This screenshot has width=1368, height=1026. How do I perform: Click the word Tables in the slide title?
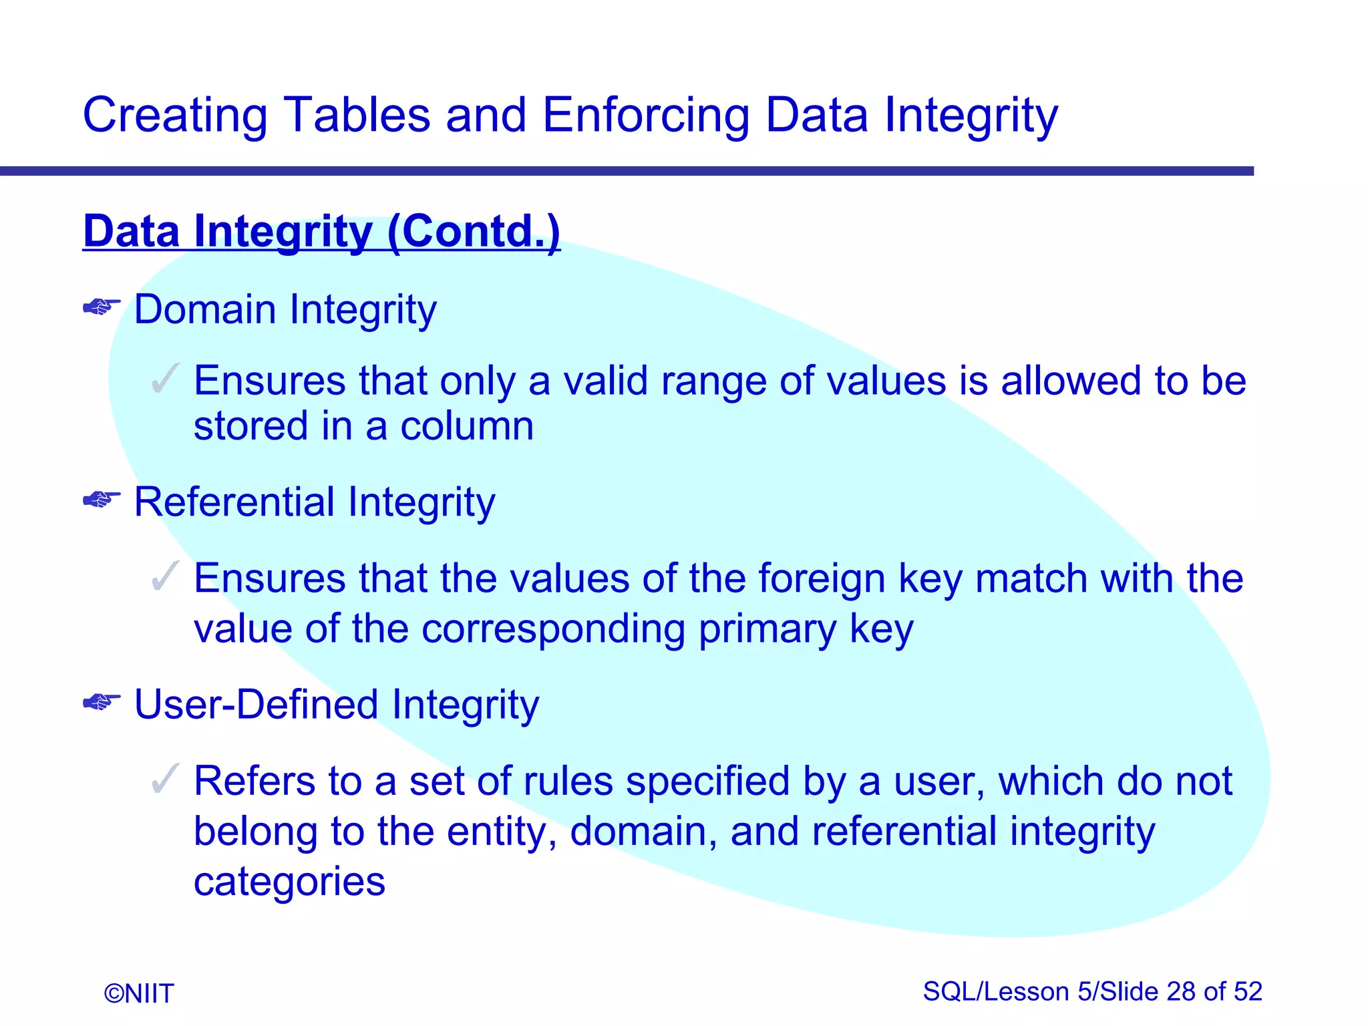[x=357, y=115]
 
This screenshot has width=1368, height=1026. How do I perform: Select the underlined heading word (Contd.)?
[x=473, y=232]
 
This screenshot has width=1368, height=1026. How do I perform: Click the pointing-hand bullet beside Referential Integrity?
[x=102, y=499]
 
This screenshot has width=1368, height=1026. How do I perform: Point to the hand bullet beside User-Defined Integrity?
[x=102, y=702]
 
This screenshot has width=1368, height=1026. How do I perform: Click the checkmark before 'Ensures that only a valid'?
[x=165, y=378]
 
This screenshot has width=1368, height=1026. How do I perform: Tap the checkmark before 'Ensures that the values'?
[x=165, y=576]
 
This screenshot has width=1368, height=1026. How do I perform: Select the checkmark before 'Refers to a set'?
[x=165, y=778]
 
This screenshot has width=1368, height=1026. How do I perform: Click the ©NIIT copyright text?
[x=139, y=994]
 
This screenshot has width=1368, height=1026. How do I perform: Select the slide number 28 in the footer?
[x=1182, y=992]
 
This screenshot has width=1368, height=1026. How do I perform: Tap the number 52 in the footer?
[x=1248, y=992]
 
